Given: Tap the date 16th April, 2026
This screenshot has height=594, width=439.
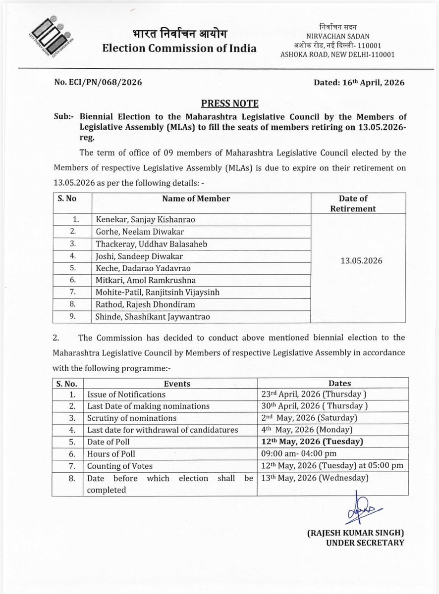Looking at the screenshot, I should click(x=359, y=83).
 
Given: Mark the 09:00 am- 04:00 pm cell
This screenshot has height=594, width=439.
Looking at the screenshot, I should click(x=295, y=453).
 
